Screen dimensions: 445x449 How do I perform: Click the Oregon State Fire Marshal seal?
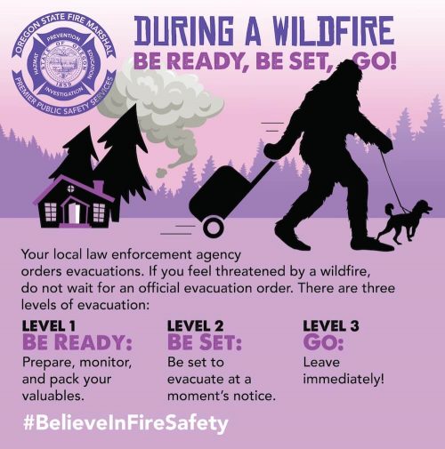63,63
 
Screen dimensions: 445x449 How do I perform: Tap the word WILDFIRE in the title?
333,31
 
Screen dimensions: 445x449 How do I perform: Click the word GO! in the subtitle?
375,60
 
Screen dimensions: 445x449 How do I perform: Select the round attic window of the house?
70,188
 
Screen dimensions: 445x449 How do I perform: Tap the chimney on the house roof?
99,187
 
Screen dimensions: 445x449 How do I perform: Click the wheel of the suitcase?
213,228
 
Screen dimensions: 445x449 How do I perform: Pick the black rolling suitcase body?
220,193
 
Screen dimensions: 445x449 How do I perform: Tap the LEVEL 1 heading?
49,326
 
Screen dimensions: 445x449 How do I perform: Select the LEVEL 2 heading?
195,326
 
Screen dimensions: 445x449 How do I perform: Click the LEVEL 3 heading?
331,326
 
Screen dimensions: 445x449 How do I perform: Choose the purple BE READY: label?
77,342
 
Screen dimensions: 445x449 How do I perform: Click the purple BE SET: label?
205,342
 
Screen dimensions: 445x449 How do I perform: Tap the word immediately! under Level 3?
344,379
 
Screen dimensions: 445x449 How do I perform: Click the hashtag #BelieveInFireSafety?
125,423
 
